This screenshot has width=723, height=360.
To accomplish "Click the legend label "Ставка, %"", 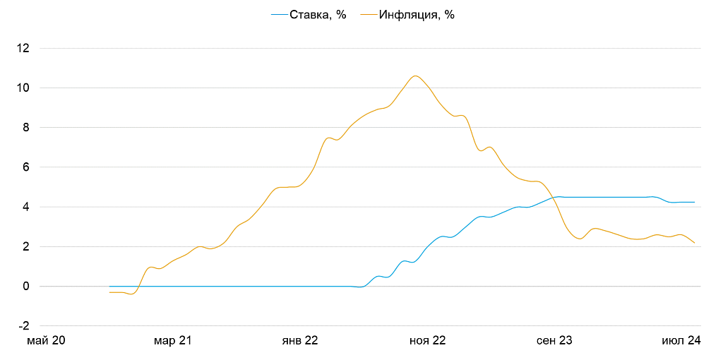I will (318, 15).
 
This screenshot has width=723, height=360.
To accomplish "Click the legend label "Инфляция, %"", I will (417, 15).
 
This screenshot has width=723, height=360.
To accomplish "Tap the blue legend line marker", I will (279, 15).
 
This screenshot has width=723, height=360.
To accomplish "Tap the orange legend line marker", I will (368, 15).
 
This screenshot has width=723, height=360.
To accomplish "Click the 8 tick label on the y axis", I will (26, 128).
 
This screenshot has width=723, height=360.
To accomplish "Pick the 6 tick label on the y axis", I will (26, 167).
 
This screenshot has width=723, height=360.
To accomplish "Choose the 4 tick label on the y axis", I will (26, 207).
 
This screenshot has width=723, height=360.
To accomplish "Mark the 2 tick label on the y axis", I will (26, 247).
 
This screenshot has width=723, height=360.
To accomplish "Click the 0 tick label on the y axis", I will (26, 287).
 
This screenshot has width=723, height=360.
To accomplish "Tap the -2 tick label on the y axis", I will (24, 326).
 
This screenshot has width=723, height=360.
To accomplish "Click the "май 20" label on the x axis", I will (46, 340).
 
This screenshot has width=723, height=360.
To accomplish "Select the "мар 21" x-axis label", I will (173, 340).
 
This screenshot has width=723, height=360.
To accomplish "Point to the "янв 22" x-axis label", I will (300, 340).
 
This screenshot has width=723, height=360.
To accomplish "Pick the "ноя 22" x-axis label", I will (428, 340).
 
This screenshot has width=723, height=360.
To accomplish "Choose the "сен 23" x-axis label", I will (555, 340).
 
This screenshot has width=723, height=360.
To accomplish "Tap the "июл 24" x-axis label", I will (681, 340).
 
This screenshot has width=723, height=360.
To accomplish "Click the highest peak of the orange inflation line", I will (415, 76).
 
